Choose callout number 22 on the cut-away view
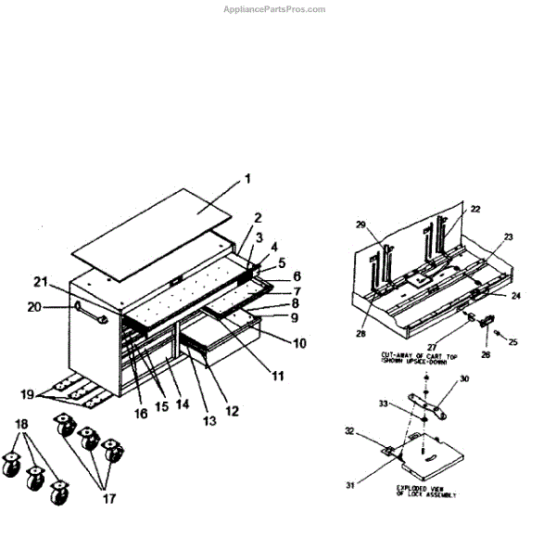474,209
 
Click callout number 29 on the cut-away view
362,225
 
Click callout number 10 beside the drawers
299,343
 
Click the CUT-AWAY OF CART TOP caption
414,355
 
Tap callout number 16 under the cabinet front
141,414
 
